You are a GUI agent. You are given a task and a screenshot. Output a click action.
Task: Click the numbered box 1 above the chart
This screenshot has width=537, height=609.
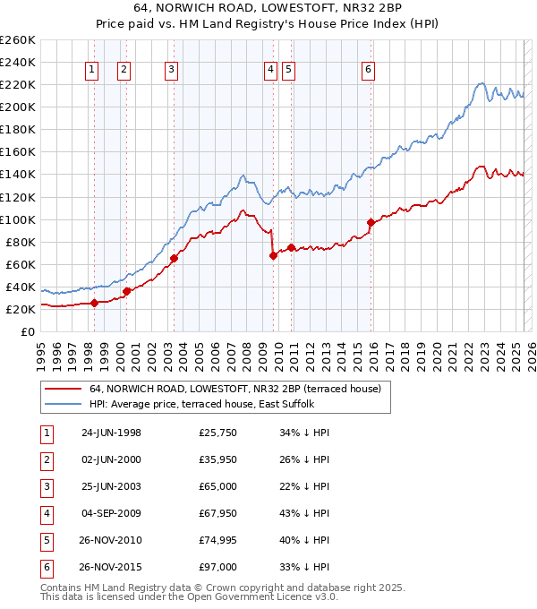(93, 73)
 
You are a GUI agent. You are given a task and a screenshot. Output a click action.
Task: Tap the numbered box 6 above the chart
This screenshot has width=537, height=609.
(369, 73)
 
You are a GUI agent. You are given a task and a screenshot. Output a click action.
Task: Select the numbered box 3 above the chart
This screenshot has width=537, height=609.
(171, 73)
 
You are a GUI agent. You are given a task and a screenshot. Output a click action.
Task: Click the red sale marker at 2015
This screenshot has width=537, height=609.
(371, 222)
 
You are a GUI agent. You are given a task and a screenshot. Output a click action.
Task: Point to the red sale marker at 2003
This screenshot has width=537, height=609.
(174, 258)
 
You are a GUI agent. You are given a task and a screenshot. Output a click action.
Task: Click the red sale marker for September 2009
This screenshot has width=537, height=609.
(273, 255)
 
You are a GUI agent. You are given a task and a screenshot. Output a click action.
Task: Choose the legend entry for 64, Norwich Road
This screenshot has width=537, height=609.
(234, 389)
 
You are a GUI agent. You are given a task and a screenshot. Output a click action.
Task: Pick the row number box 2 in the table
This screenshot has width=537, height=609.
(45, 460)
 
